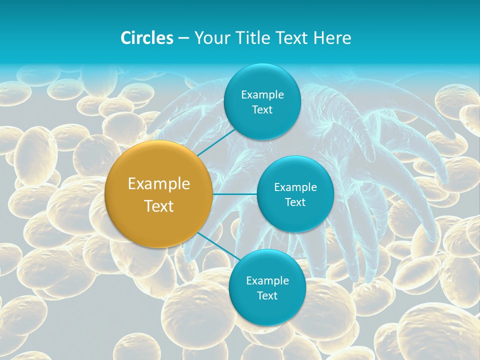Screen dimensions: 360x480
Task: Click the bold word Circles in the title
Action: (146, 38)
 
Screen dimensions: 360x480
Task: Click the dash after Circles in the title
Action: (183, 38)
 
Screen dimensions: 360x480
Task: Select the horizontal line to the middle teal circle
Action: (234, 194)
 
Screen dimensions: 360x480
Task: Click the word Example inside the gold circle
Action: (159, 184)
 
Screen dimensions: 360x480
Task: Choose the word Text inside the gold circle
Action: (159, 206)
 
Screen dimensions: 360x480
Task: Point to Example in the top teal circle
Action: (262, 95)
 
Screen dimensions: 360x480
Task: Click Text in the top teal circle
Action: (262, 110)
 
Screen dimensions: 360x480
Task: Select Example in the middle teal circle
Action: (295, 187)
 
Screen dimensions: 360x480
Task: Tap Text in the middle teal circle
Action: (295, 202)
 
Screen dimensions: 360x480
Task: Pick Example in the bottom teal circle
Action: (267, 281)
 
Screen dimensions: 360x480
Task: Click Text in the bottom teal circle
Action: (267, 296)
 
